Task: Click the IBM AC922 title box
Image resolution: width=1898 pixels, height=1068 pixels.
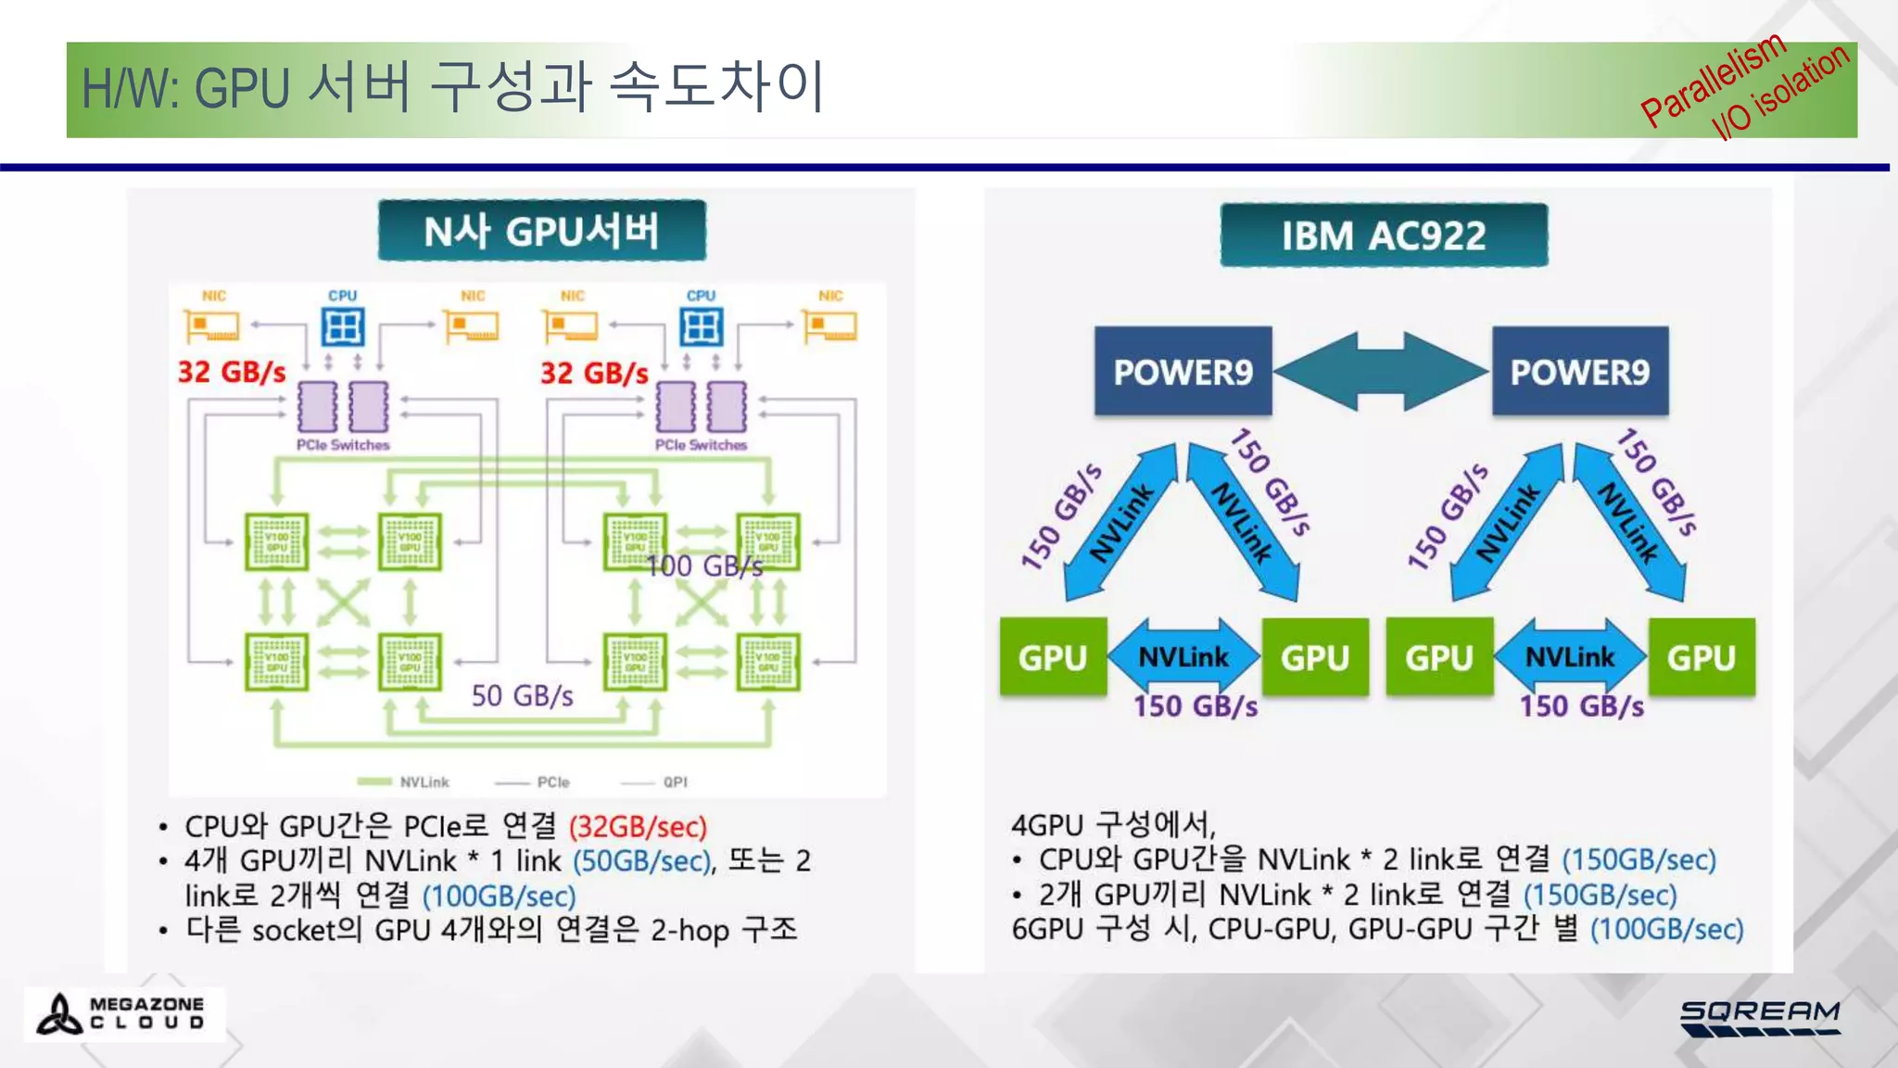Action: point(1384,235)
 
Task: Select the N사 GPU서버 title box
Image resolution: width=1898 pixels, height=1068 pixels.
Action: point(542,231)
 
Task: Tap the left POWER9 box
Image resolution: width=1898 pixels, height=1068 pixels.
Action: point(1183,372)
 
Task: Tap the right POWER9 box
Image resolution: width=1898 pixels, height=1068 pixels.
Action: point(1580,372)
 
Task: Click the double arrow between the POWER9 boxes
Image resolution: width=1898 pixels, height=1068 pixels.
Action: point(1382,371)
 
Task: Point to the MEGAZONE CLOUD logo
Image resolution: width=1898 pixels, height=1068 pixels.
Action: point(123,1013)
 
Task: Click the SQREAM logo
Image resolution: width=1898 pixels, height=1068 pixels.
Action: point(1760,1017)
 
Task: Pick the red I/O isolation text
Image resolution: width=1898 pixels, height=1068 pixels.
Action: point(1780,92)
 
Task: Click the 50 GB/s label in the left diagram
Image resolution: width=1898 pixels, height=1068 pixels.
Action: point(522,695)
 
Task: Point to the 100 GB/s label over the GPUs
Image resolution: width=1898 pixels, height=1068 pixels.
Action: point(704,566)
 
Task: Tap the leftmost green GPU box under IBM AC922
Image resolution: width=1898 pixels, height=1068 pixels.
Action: point(1053,657)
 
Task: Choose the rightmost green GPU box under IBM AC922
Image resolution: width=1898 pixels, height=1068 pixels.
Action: point(1702,657)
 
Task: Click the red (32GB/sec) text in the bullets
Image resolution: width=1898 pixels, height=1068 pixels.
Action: point(638,826)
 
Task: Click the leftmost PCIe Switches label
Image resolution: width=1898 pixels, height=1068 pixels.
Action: point(343,445)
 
